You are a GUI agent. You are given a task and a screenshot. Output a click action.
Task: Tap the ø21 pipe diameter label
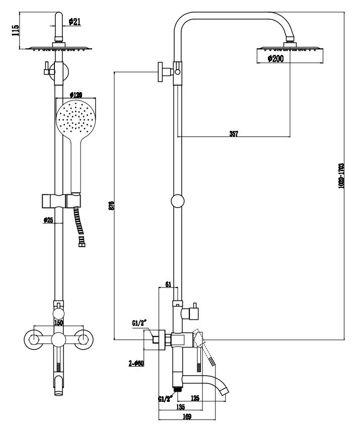[x=74, y=21]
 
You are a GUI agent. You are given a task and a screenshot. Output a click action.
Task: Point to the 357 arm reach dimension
[x=234, y=133]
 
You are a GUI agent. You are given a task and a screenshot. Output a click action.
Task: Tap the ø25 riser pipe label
[x=48, y=220]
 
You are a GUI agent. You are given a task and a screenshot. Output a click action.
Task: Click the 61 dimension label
[x=169, y=284]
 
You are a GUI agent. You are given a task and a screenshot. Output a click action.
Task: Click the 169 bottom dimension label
[x=187, y=417]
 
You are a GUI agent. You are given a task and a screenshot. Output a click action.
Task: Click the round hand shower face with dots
[x=76, y=119]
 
